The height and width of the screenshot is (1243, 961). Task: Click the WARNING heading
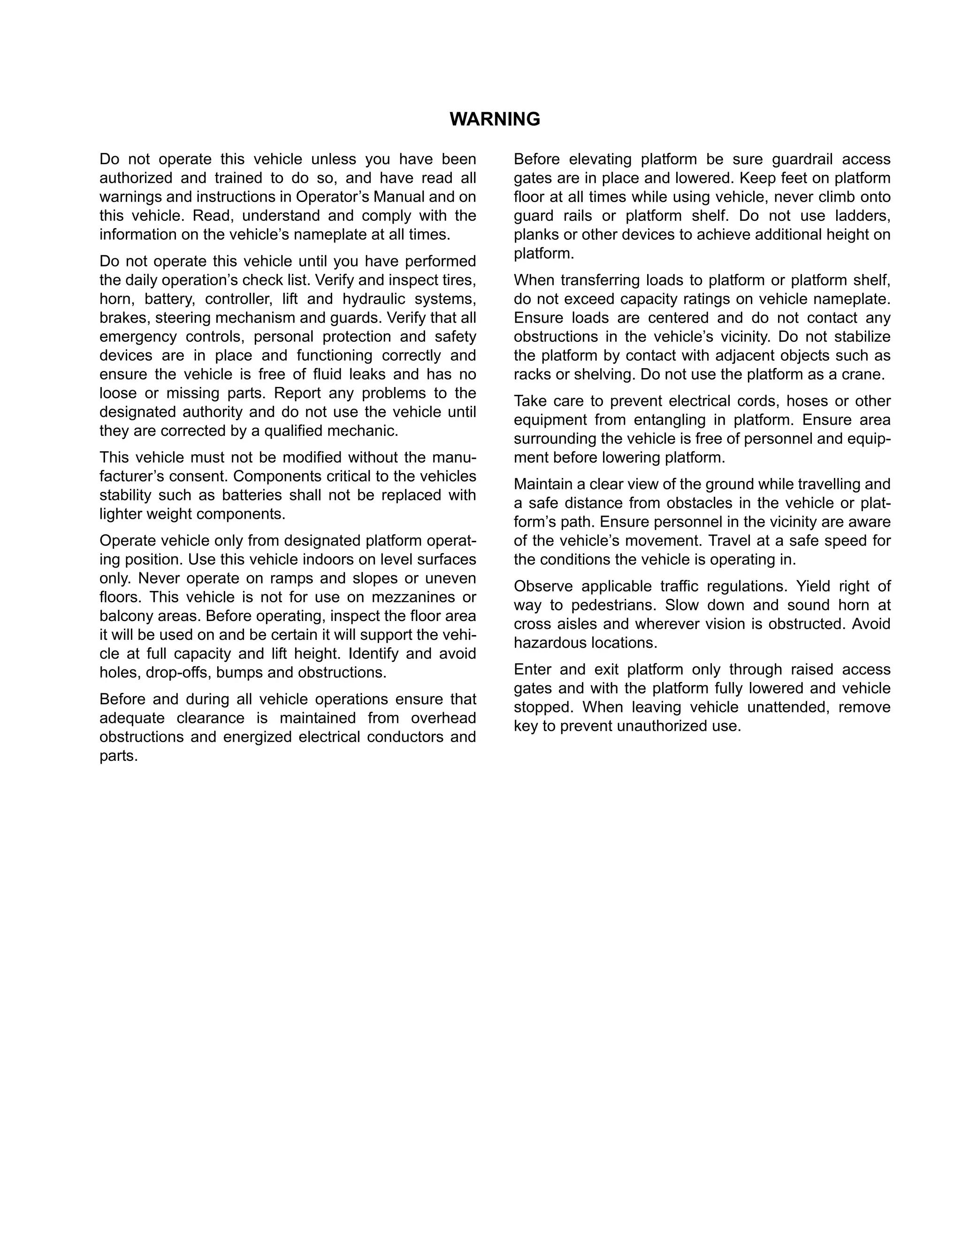[494, 120]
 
